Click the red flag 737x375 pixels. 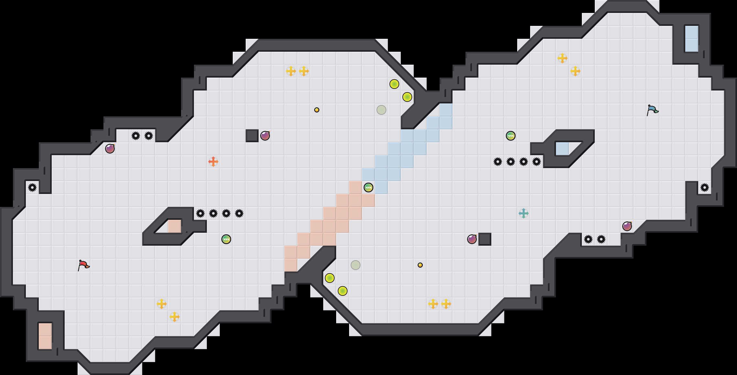point(83,265)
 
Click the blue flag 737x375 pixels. point(652,110)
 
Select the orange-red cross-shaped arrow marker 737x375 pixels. point(213,162)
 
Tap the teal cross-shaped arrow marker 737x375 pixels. point(524,213)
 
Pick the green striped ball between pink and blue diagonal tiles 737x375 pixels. point(368,187)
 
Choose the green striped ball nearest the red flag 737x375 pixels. point(226,239)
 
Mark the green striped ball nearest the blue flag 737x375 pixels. point(511,136)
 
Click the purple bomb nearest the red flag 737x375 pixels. point(110,149)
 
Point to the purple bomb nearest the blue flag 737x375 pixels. point(627,226)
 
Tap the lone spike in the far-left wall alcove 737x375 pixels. point(32,187)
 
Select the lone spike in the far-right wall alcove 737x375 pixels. point(705,187)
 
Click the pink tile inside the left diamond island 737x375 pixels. point(175,226)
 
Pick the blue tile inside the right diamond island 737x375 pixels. point(562,149)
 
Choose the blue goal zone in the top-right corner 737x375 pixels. point(692,39)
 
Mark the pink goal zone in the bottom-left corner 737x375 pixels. point(45,336)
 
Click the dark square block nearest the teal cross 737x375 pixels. point(485,239)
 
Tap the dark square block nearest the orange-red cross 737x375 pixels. point(252,136)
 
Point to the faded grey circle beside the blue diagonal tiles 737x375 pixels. point(381,110)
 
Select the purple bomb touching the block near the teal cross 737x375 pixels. point(472,239)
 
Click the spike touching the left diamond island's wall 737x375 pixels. point(200,213)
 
